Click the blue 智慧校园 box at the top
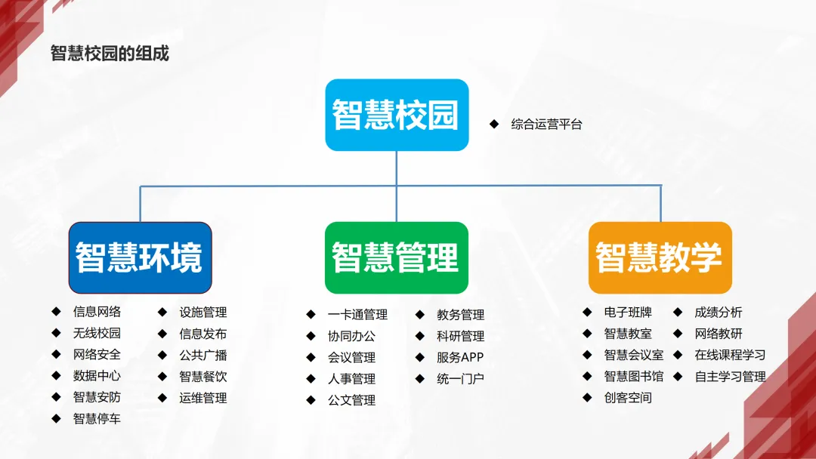(x=396, y=115)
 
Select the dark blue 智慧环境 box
(x=140, y=257)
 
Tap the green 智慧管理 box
(x=396, y=257)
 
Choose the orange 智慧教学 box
(x=660, y=257)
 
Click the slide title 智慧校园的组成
(x=110, y=54)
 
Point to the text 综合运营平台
(x=546, y=125)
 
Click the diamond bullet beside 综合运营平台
(x=494, y=124)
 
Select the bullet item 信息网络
(x=97, y=312)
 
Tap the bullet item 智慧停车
(x=97, y=418)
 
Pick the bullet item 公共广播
(x=202, y=355)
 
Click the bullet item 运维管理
(x=202, y=398)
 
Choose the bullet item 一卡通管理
(x=357, y=315)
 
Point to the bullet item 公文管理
(x=351, y=400)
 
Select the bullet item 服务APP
(x=459, y=357)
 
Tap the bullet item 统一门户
(x=459, y=379)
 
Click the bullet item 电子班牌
(x=627, y=312)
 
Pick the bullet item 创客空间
(x=627, y=398)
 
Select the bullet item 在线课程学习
(x=730, y=355)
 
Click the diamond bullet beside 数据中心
(x=56, y=375)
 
